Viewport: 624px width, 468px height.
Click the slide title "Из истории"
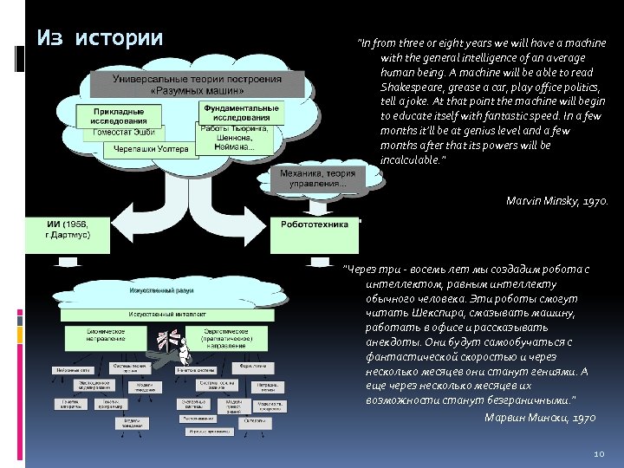100,38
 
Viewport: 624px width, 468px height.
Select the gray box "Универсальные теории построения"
198,84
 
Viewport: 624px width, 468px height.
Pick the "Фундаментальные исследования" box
240,114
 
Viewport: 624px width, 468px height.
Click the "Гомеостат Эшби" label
123,132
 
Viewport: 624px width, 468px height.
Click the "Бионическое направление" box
107,335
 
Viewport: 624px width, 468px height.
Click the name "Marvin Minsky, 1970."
556,201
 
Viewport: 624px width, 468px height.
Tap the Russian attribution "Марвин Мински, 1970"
539,418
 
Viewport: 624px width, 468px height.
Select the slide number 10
598,455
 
